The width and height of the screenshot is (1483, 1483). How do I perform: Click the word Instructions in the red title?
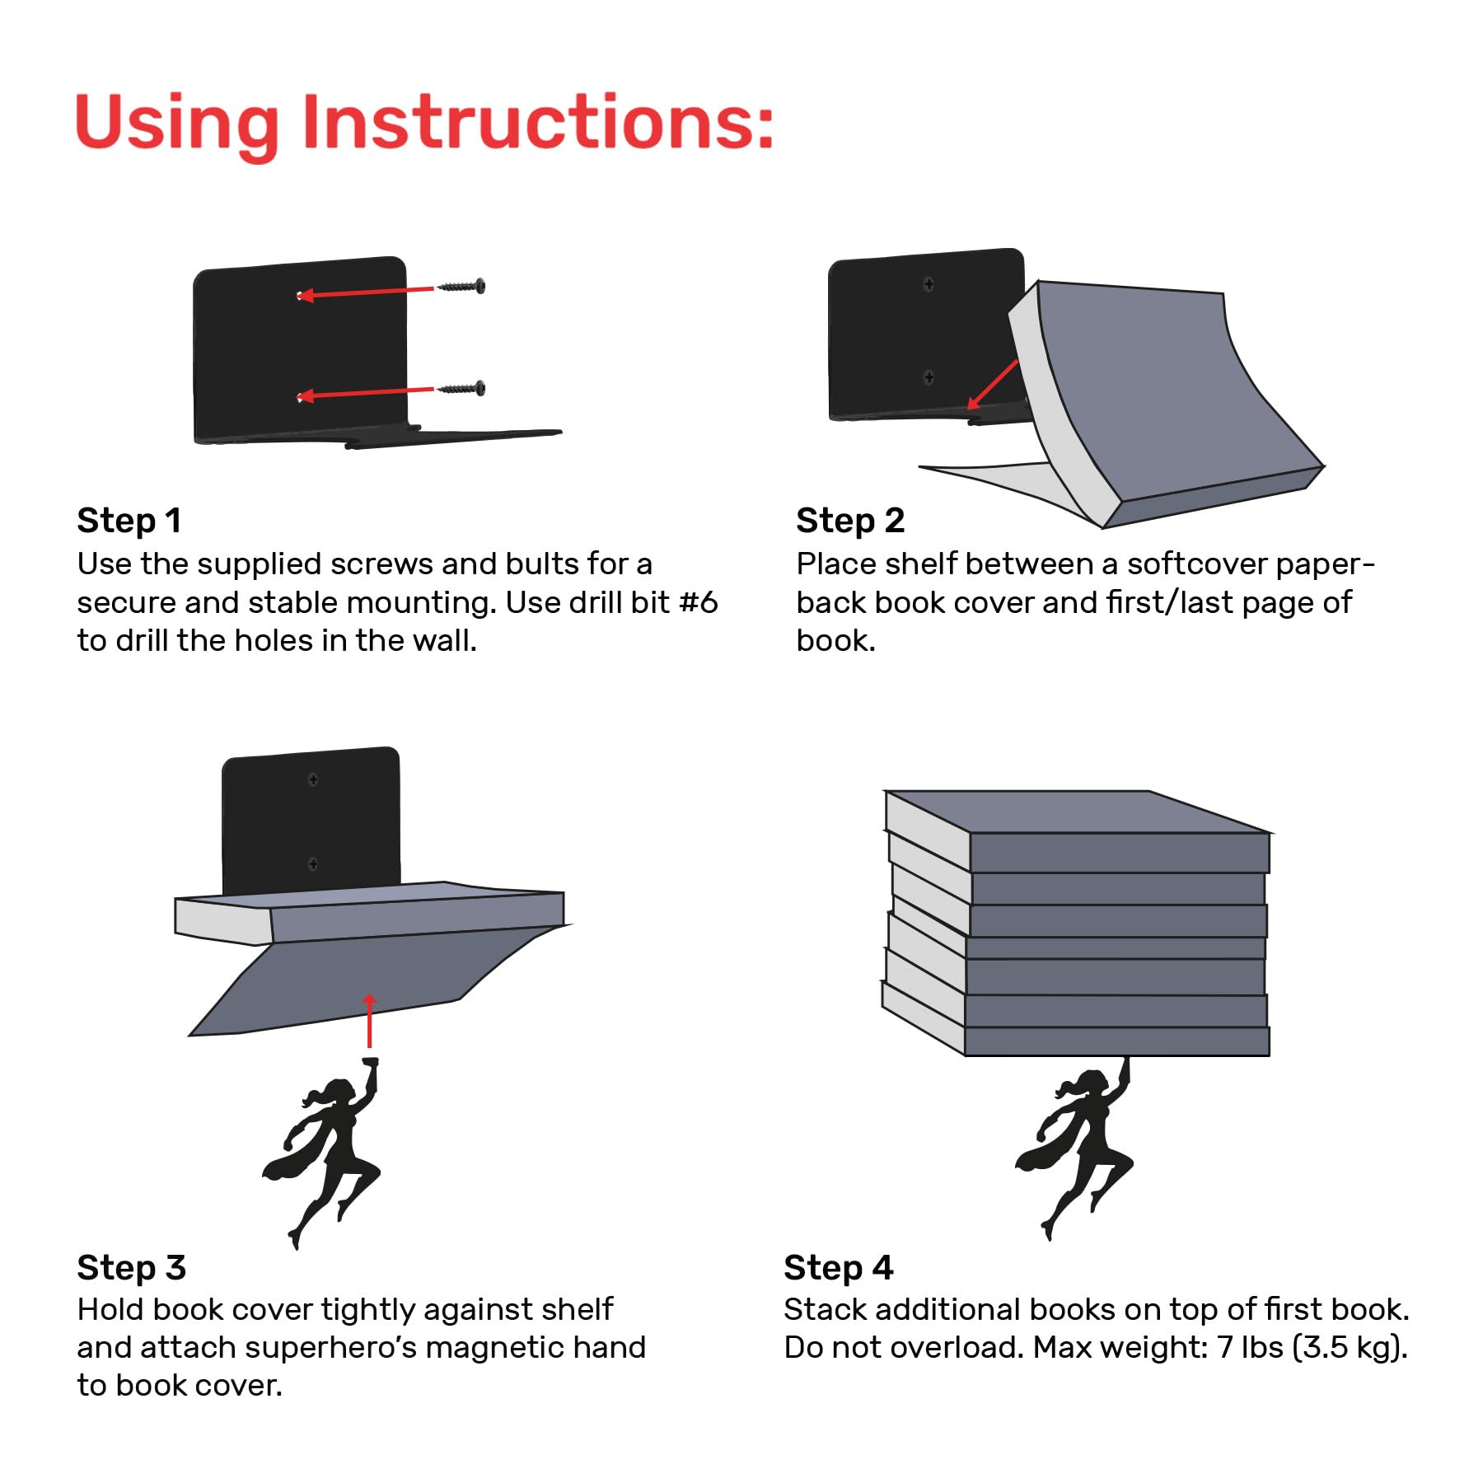538,122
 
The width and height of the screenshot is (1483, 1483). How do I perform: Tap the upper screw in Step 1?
461,287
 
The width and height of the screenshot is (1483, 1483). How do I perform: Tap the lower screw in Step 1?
461,388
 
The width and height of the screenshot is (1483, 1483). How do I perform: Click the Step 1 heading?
129,521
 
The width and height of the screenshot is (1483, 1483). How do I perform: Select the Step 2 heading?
850,521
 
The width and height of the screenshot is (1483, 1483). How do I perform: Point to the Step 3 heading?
132,1267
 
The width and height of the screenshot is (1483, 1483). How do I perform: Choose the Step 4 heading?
839,1267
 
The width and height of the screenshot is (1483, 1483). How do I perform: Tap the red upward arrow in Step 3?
369,1020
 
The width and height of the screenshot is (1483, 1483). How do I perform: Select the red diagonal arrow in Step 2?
993,385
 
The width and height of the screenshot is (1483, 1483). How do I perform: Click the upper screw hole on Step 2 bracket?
929,284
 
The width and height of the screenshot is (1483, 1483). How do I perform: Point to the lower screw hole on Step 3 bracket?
313,863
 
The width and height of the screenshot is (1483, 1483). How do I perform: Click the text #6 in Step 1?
699,602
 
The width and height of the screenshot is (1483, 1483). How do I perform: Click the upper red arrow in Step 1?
365,292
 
